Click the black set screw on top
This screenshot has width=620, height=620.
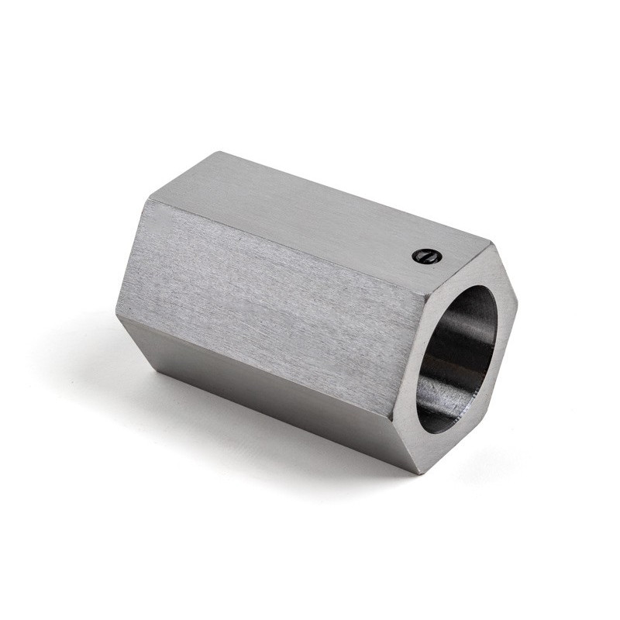(x=426, y=256)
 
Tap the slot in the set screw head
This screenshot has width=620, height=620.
(x=426, y=256)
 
